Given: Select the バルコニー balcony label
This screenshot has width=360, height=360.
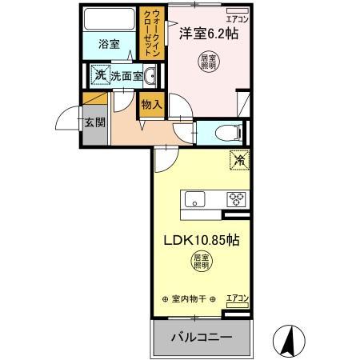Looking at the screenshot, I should pos(202,338).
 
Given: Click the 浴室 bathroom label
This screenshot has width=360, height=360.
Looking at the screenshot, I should pos(109,44).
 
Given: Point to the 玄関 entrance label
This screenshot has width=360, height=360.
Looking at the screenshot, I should pos(93,123).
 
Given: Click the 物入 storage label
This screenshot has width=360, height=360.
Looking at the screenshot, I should pos(151,103).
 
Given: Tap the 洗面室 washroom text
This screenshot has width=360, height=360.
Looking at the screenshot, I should pos(126,76).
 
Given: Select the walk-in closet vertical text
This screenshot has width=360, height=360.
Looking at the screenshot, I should pos(150,31).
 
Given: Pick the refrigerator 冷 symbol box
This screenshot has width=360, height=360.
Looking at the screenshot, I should pos(238,160).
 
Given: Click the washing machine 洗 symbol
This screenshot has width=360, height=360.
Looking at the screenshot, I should pos(100,75).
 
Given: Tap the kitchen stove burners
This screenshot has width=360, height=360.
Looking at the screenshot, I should pos(236,199).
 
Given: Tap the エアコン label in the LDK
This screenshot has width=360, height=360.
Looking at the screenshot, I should pos(237,298).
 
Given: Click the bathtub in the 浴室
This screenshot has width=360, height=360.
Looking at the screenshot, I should pos(109,19).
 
